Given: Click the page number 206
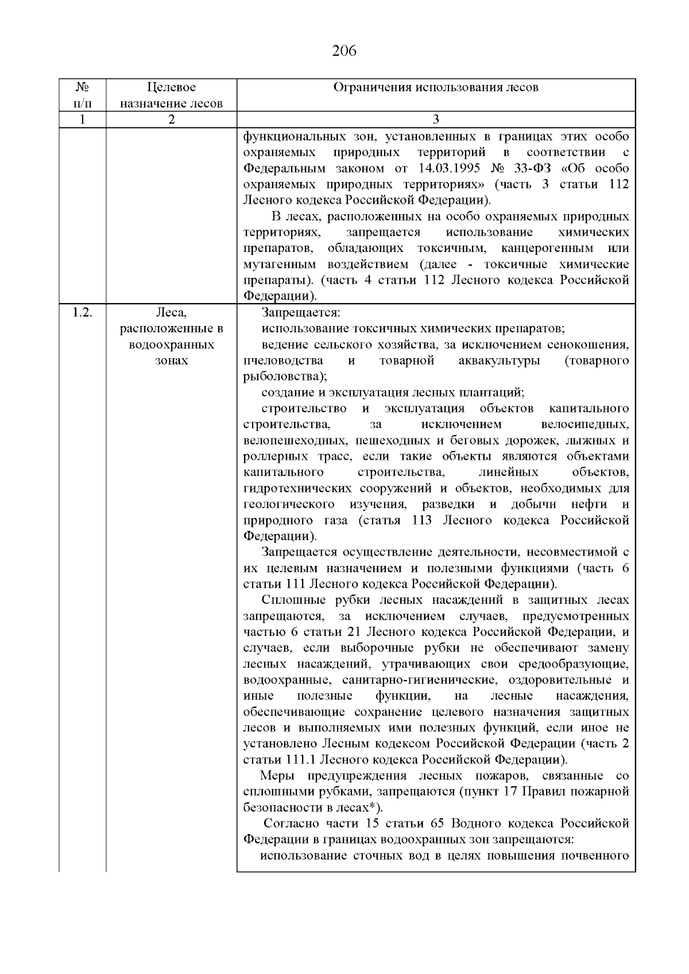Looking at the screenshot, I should click(x=344, y=52).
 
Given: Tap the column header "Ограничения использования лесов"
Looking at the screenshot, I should click(x=436, y=88).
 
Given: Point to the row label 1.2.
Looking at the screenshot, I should click(x=82, y=313).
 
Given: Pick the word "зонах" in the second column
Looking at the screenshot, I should click(x=171, y=361).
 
